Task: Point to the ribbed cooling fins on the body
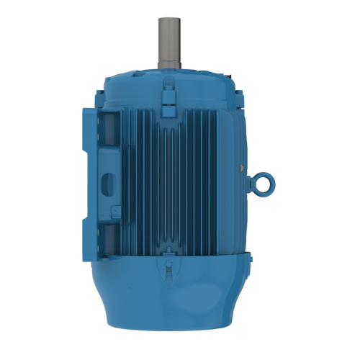pos(173,173)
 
